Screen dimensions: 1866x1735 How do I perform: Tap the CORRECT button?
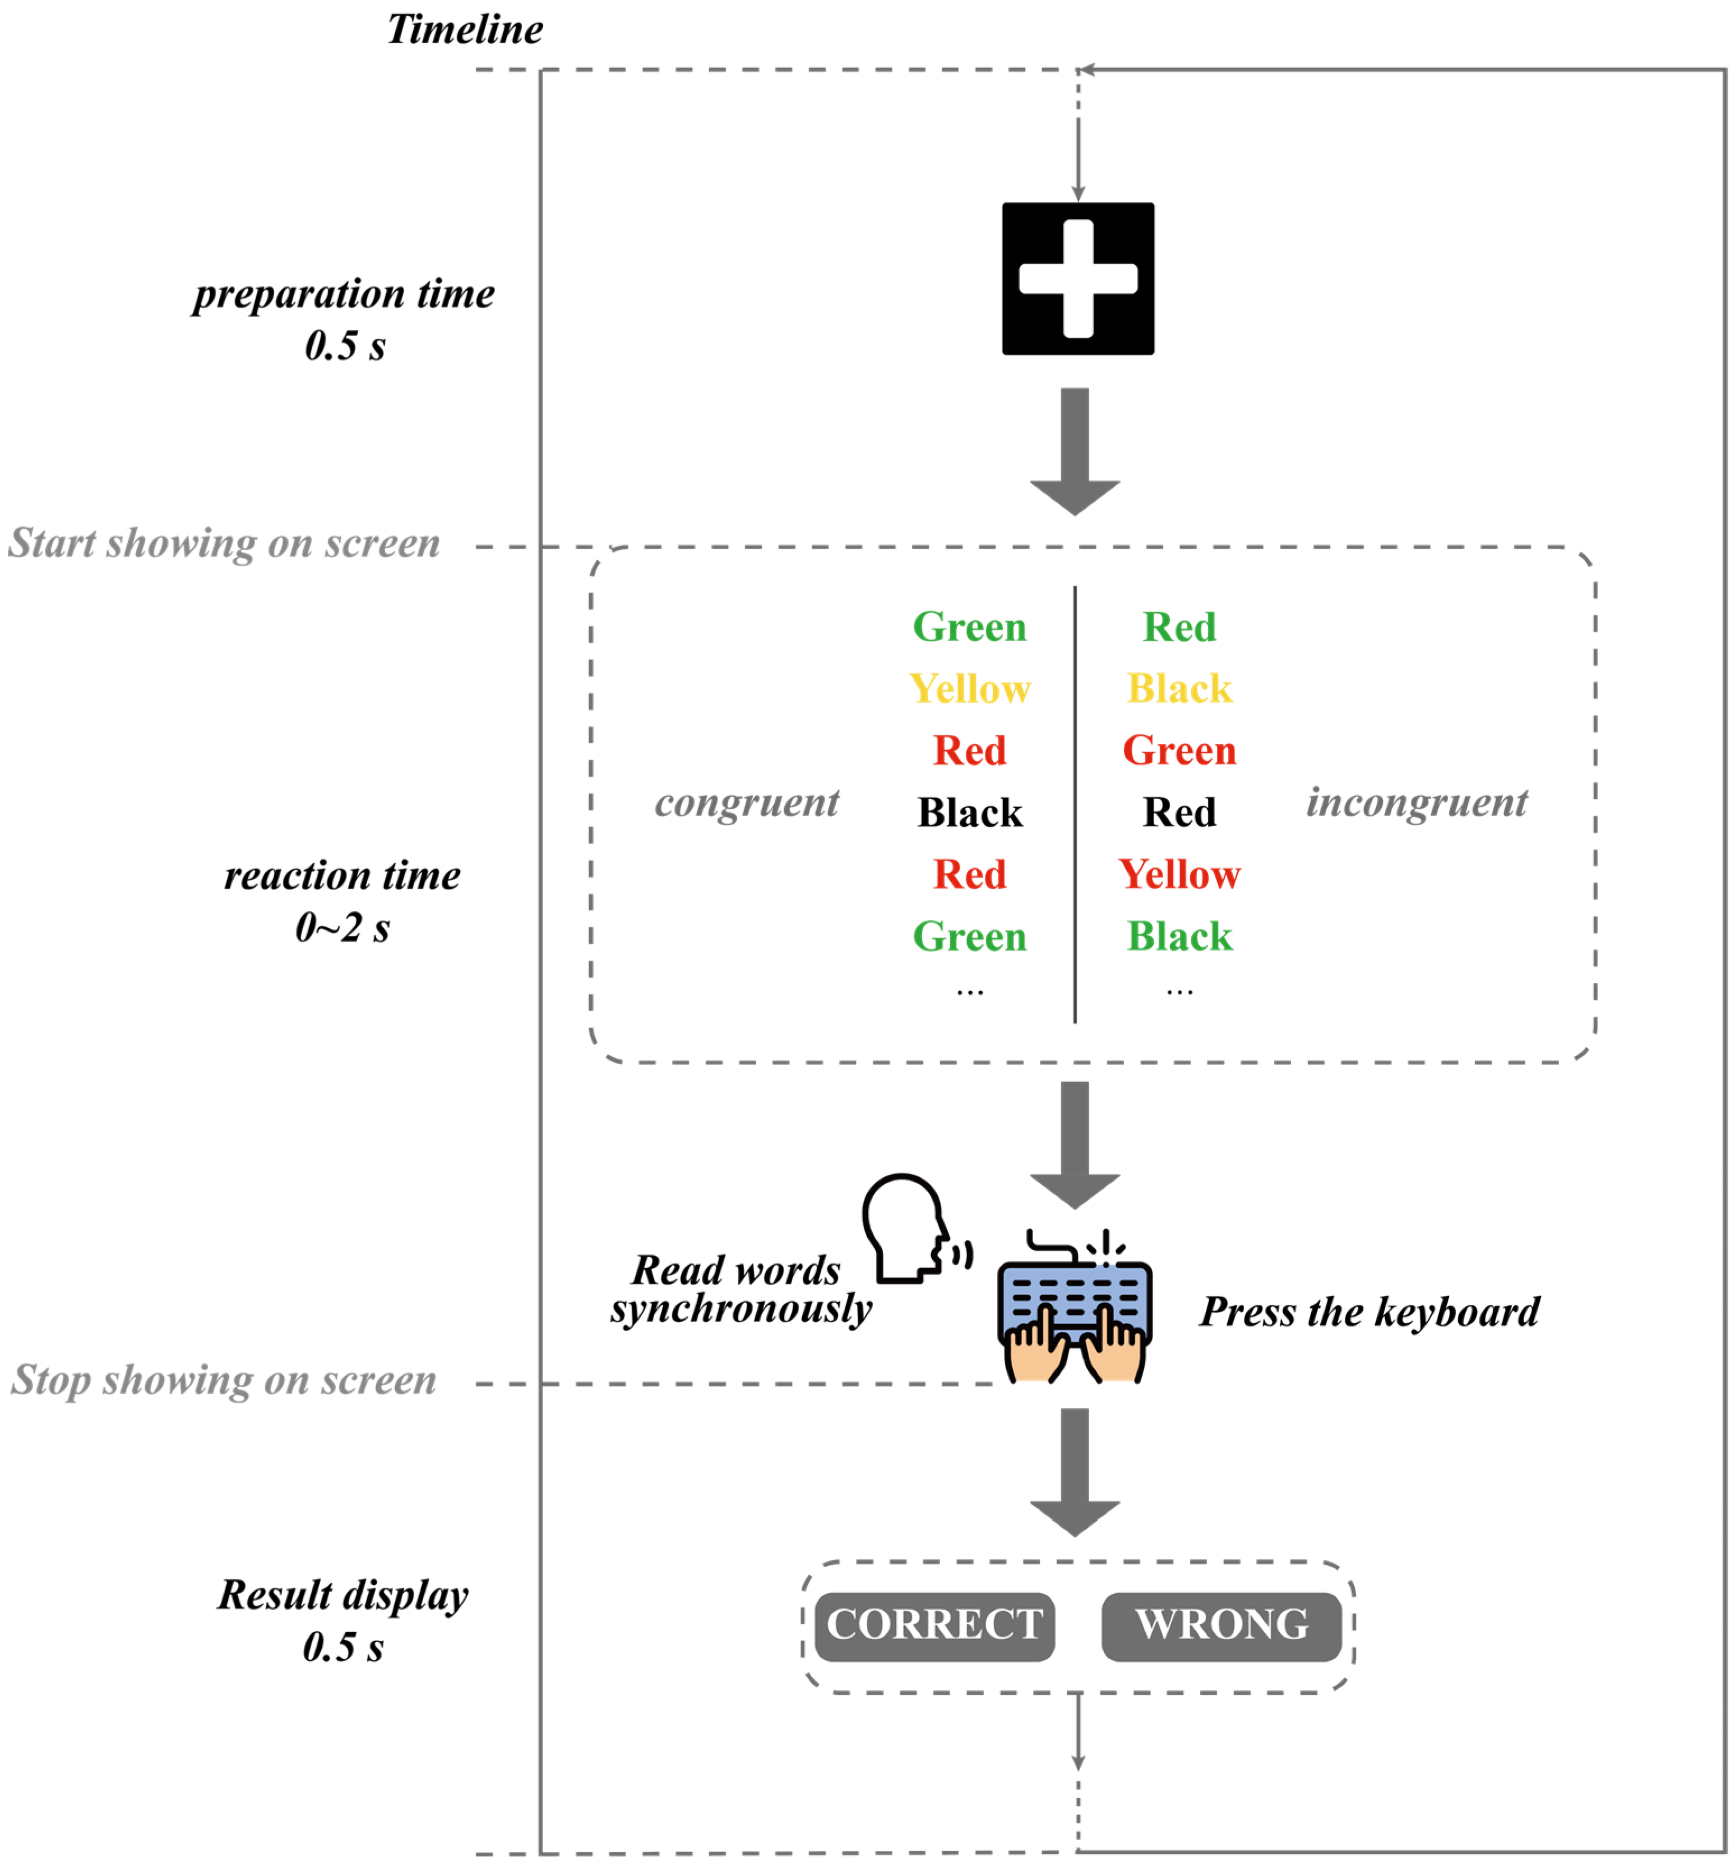pyautogui.click(x=934, y=1624)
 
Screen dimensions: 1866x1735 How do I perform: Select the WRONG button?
pyautogui.click(x=1221, y=1624)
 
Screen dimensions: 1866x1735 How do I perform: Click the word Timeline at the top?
pyautogui.click(x=465, y=29)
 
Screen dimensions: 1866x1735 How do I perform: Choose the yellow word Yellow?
pyautogui.click(x=969, y=688)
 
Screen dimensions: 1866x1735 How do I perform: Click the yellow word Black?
pyautogui.click(x=1178, y=688)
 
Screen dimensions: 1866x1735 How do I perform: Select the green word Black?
pyautogui.click(x=1178, y=936)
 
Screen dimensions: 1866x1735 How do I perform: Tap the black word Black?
pyautogui.click(x=969, y=812)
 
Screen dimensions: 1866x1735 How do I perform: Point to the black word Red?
pyautogui.click(x=1178, y=812)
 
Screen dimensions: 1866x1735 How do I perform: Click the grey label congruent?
pyautogui.click(x=746, y=803)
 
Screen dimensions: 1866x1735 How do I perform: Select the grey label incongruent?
pyautogui.click(x=1416, y=803)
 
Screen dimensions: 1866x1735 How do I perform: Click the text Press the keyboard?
pyautogui.click(x=1369, y=1311)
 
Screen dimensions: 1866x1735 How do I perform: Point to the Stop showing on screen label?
pyautogui.click(x=223, y=1380)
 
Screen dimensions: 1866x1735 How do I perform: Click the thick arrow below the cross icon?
pyautogui.click(x=1075, y=450)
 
